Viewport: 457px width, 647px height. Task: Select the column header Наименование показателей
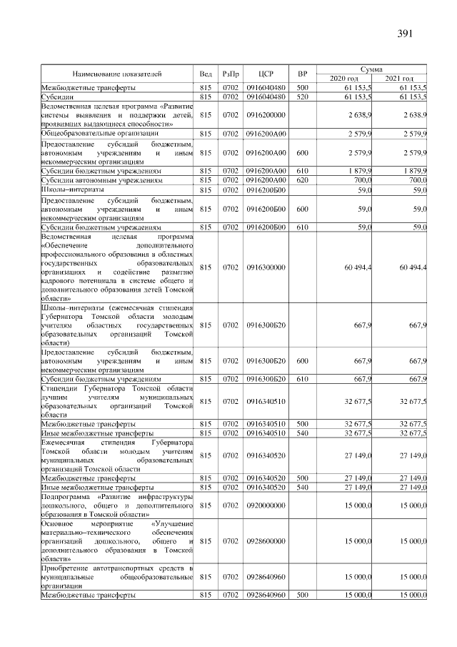[117, 74]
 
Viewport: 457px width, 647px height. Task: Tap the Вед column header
[206, 74]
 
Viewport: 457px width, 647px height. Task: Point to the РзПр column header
[231, 74]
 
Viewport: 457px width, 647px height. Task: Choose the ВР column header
[302, 74]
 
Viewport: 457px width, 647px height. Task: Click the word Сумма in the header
[372, 69]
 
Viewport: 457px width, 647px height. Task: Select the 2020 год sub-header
[345, 78]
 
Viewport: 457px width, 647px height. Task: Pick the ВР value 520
[302, 96]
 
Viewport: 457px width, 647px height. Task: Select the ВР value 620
[302, 181]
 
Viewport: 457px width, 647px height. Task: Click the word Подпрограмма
[66, 496]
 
